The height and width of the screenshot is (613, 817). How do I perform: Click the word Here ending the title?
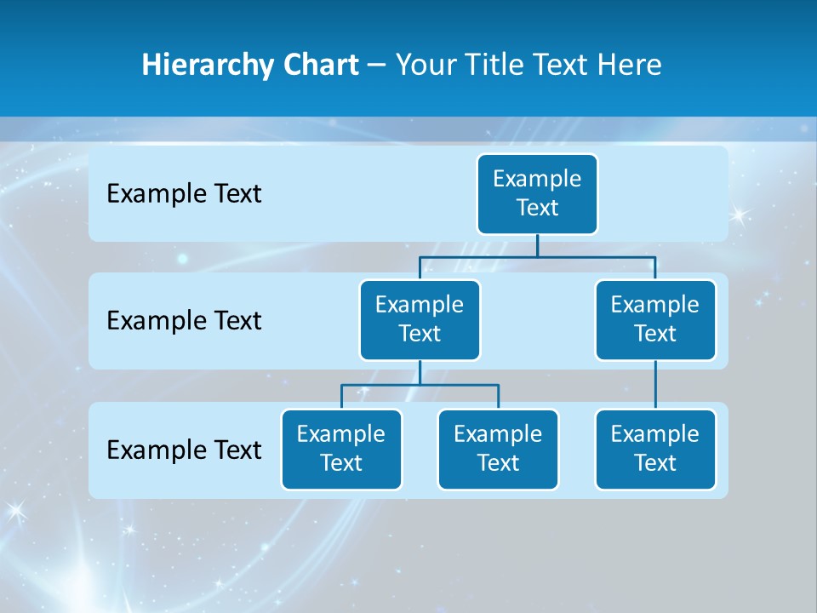click(630, 65)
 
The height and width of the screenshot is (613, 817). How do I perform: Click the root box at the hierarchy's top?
click(537, 193)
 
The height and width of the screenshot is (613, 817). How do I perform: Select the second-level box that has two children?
click(420, 319)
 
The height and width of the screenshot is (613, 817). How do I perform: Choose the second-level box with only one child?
click(655, 319)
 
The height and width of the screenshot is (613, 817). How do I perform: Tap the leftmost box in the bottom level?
click(341, 449)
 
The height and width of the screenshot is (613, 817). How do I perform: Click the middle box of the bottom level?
click(498, 449)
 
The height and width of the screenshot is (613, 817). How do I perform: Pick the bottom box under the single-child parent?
click(655, 449)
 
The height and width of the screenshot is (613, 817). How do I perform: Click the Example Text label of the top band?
click(184, 194)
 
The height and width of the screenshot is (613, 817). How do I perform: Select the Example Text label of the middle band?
click(184, 321)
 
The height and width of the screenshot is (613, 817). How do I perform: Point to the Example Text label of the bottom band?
click(184, 450)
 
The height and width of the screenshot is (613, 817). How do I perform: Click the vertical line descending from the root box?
click(537, 245)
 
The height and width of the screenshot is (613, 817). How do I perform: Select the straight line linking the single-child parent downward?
click(655, 384)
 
